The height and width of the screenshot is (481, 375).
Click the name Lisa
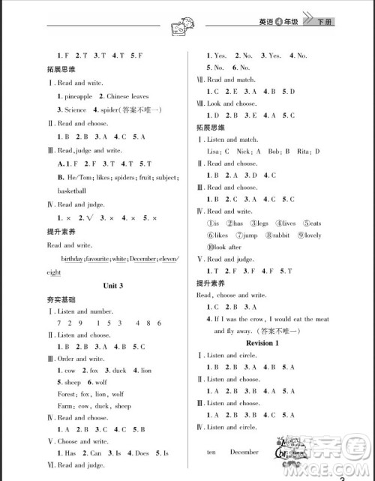point(214,151)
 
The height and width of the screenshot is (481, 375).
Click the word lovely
point(316,236)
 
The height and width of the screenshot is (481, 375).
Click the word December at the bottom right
point(244,452)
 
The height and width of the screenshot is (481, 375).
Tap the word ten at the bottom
point(212,452)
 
